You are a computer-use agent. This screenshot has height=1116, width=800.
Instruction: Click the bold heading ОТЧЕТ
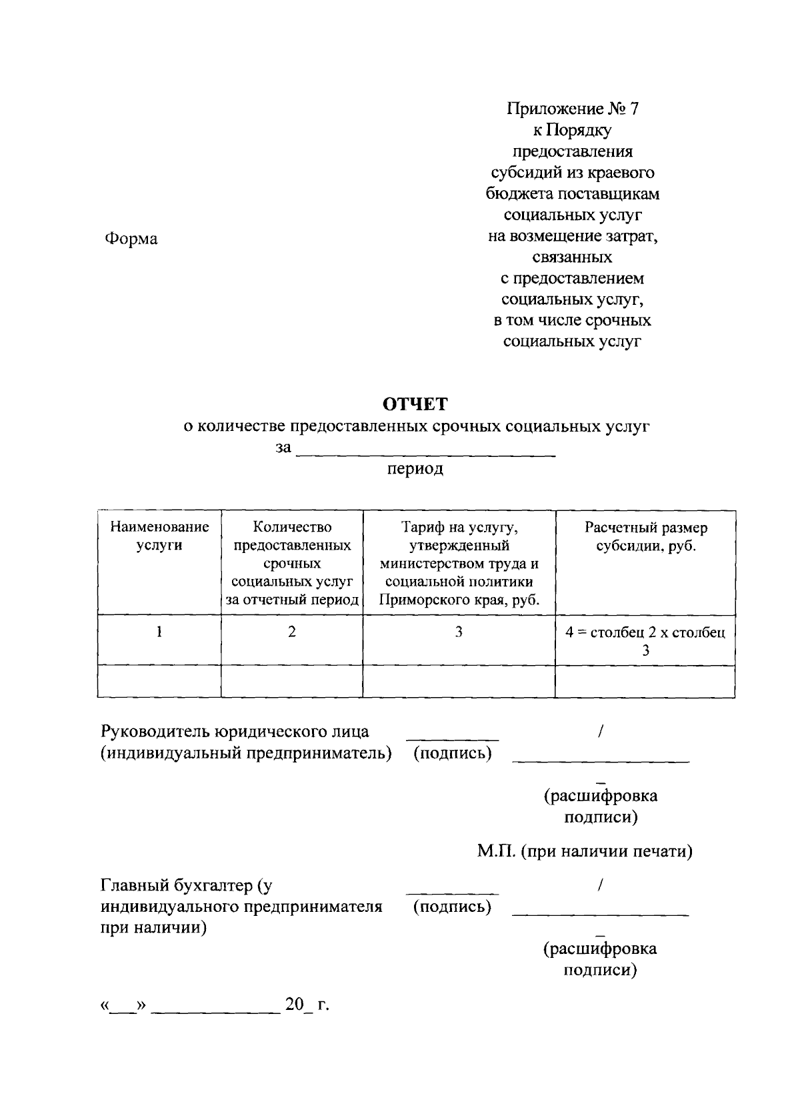pyautogui.click(x=415, y=405)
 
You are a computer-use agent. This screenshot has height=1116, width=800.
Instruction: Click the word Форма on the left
pyautogui.click(x=131, y=239)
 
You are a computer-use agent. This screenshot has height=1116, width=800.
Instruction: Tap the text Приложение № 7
pyautogui.click(x=572, y=109)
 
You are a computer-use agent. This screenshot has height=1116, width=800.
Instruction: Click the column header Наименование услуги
pyautogui.click(x=159, y=536)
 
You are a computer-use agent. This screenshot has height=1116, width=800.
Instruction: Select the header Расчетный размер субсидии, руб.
pyautogui.click(x=645, y=536)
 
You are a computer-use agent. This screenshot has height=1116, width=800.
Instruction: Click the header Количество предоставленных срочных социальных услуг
pyautogui.click(x=292, y=563)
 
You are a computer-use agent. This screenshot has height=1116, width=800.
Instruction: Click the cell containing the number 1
pyautogui.click(x=159, y=631)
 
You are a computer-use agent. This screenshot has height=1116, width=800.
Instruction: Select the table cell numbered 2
pyautogui.click(x=292, y=631)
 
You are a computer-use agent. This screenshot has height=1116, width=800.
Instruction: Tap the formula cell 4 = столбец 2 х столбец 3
pyautogui.click(x=645, y=640)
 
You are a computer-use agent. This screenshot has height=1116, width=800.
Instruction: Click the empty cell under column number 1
pyautogui.click(x=159, y=681)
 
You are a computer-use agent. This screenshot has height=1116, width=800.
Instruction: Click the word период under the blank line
pyautogui.click(x=415, y=468)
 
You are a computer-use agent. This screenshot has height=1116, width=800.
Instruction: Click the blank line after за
pyautogui.click(x=425, y=454)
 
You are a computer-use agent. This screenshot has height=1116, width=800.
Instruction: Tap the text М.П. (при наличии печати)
pyautogui.click(x=584, y=851)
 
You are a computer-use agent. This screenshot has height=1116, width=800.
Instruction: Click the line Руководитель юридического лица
pyautogui.click(x=235, y=731)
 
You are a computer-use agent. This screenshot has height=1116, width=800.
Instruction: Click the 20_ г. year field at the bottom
pyautogui.click(x=307, y=1004)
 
